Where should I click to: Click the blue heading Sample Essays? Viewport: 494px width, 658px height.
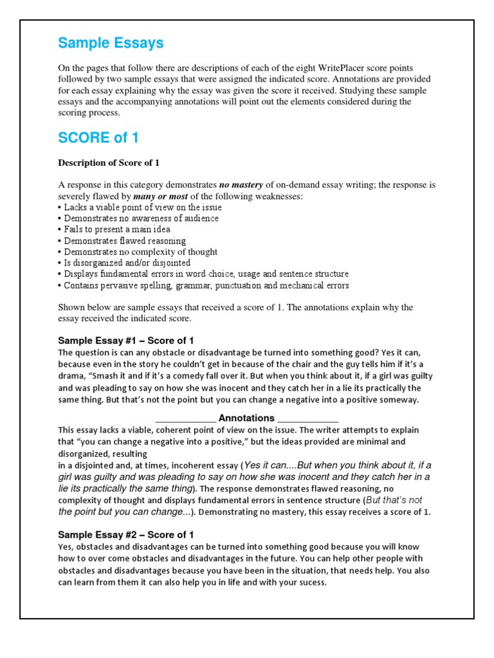[111, 43]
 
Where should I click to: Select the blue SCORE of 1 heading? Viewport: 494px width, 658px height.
[98, 138]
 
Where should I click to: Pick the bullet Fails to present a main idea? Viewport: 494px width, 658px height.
[116, 229]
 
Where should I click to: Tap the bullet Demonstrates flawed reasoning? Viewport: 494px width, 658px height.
[122, 240]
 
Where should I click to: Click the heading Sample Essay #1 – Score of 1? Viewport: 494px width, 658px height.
[126, 341]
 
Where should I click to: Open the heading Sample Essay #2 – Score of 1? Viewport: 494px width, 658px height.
[126, 535]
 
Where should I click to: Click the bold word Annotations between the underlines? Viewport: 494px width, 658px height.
[246, 418]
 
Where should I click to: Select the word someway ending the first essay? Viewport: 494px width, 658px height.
[398, 400]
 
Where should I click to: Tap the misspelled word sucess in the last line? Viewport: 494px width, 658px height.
[313, 583]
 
